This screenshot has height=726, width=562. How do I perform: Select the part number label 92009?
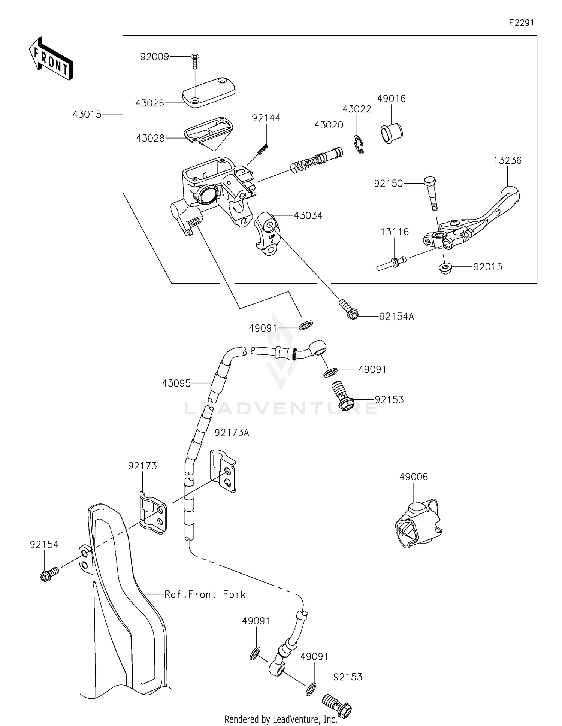coord(154,57)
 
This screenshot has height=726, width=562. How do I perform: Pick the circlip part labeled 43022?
coord(359,146)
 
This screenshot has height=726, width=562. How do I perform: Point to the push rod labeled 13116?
coord(392,263)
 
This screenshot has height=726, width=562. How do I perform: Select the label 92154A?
coord(396,317)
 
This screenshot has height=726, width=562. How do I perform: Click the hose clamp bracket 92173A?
coord(223,471)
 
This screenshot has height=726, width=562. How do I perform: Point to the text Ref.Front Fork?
coord(205,594)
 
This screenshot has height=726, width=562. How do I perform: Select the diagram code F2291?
coord(521,23)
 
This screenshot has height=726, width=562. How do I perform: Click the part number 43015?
coord(87,114)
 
